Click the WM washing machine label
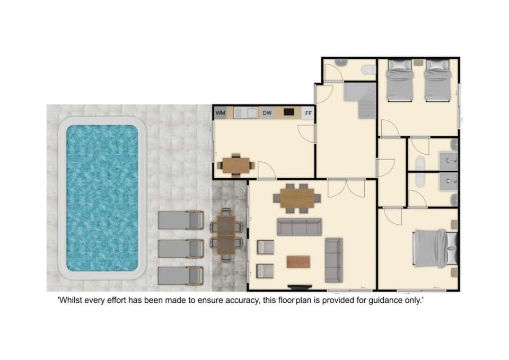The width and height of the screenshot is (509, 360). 220,113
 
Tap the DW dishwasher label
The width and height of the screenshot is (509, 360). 267,113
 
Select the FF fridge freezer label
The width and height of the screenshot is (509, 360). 309,113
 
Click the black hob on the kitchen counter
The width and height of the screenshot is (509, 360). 288,112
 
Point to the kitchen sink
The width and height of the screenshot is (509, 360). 252,112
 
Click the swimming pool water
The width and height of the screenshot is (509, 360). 102,198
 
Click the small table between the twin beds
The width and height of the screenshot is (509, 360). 418,62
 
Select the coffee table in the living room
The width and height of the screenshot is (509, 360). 299,261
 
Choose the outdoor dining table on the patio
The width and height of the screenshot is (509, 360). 226,235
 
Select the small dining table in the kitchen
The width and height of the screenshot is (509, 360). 236,165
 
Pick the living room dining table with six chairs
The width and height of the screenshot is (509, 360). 297,198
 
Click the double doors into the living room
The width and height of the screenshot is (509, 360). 347,188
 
